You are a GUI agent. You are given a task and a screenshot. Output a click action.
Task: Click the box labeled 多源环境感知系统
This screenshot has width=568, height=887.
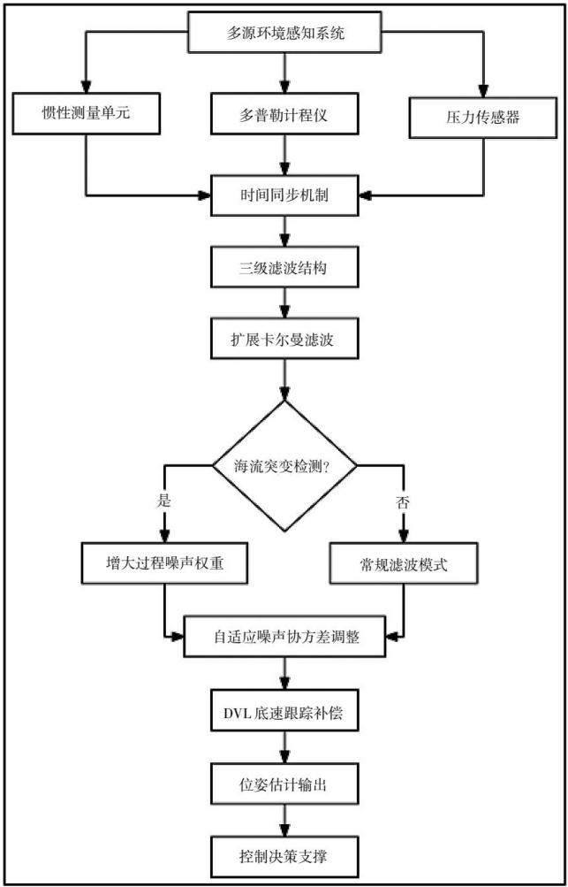click(284, 31)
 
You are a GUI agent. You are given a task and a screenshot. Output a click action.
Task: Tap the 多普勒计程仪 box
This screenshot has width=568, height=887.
click(284, 113)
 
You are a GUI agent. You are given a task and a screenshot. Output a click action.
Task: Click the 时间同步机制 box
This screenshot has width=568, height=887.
click(284, 195)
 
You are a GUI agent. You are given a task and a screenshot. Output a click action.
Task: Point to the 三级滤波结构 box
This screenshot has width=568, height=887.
click(284, 267)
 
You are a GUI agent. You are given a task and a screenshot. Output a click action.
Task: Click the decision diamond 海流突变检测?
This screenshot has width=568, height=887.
click(284, 466)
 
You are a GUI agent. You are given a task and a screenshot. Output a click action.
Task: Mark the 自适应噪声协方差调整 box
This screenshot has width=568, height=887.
click(284, 636)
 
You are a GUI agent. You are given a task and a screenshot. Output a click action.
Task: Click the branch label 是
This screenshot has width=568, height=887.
click(165, 501)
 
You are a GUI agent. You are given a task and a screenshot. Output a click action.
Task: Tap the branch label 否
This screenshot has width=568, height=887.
click(404, 501)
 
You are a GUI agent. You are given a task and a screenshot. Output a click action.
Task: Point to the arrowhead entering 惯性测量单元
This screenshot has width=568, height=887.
click(85, 86)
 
